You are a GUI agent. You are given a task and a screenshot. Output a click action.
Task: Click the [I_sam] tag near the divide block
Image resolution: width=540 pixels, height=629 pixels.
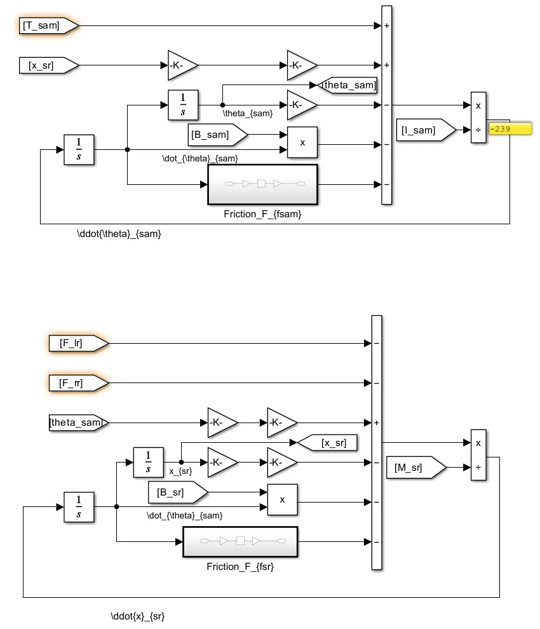(x=425, y=130)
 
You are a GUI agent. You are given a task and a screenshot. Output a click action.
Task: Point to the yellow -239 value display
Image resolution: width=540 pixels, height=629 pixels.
(x=508, y=129)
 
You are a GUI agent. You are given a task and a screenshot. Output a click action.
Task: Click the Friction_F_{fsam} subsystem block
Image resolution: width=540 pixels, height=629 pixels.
(x=262, y=184)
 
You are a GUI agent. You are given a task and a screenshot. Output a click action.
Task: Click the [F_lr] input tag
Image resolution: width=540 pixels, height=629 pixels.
(x=77, y=344)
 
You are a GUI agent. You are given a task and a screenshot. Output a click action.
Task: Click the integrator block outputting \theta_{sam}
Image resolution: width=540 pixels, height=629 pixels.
(x=183, y=105)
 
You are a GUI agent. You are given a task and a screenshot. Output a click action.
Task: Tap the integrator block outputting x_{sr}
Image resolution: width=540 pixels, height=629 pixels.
(x=148, y=462)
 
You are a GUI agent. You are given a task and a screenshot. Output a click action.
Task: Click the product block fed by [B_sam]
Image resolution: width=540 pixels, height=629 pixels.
(x=302, y=142)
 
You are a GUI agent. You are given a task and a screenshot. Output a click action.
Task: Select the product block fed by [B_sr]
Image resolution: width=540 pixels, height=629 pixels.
(x=282, y=499)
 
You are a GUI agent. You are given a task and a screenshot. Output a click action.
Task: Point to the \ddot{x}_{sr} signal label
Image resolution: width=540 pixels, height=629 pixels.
(x=138, y=616)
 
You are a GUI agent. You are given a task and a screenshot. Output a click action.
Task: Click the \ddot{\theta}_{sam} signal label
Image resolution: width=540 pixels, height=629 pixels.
(x=119, y=234)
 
